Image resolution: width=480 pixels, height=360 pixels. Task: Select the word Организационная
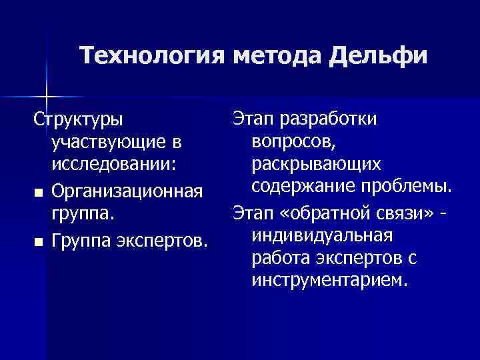pyautogui.click(x=126, y=192)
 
